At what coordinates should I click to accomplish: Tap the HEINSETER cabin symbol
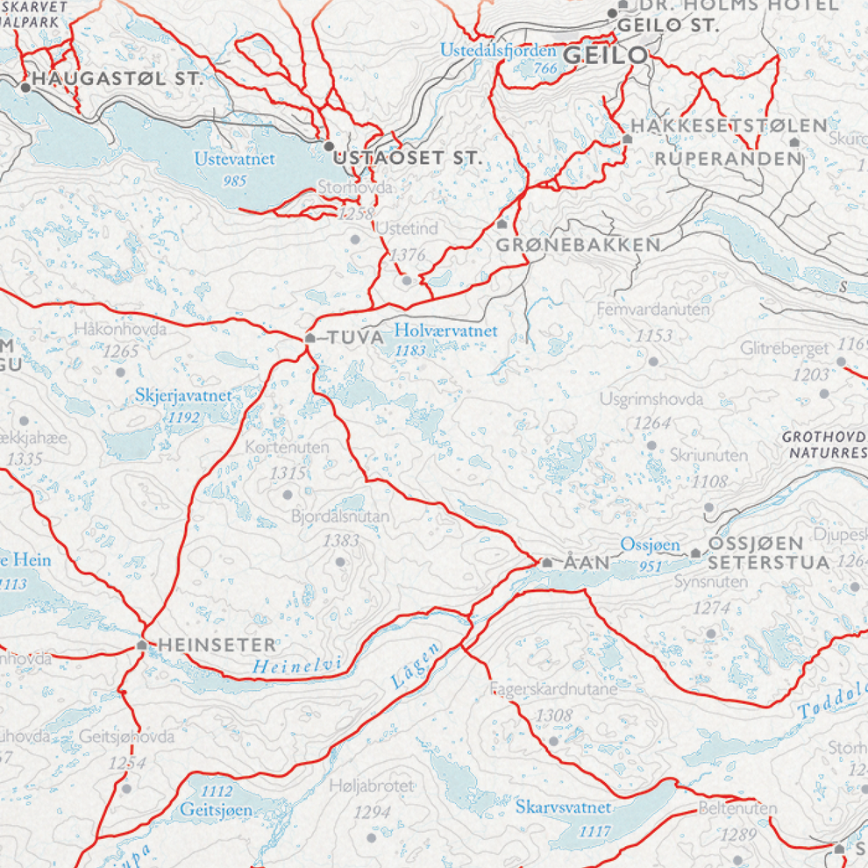point(142,645)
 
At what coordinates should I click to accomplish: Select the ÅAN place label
point(585,562)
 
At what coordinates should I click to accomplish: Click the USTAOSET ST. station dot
point(329,146)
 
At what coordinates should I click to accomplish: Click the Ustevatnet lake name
point(235,159)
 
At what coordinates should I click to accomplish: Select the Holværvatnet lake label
point(445,331)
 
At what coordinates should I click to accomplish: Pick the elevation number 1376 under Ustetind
point(408,254)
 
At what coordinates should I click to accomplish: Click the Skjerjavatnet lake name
point(184,396)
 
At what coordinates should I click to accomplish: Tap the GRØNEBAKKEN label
point(578,245)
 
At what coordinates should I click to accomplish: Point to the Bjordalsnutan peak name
point(340,517)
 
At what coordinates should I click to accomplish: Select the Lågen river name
point(414,665)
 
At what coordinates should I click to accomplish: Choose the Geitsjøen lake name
point(217,809)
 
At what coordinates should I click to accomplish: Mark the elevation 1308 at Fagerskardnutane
point(554,715)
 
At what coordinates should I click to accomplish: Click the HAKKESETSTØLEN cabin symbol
point(628,139)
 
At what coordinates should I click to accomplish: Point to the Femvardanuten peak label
point(653,309)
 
